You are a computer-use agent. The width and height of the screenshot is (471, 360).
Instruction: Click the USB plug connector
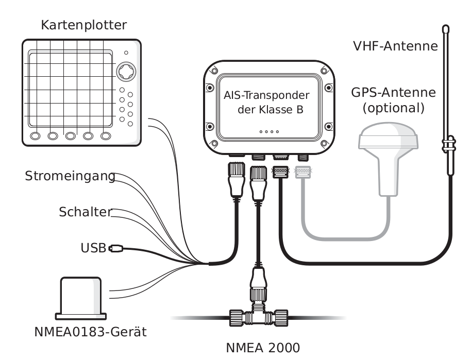click(115, 249)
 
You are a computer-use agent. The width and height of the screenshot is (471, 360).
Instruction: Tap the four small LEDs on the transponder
click(269, 132)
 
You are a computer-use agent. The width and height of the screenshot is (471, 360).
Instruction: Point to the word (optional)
click(394, 109)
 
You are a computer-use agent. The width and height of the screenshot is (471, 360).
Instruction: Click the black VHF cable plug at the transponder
click(280, 172)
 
